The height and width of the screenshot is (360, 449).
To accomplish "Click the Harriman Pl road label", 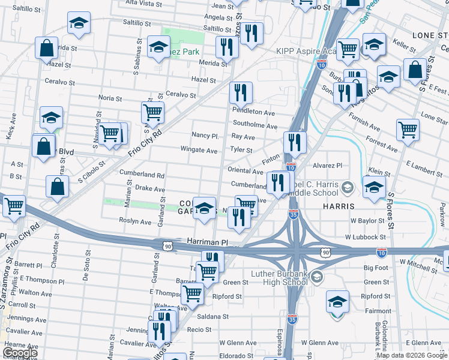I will coord(208,241).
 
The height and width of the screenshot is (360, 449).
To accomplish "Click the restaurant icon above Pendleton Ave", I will coord(240,92).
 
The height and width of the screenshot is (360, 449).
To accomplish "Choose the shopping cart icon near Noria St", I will coord(152,112).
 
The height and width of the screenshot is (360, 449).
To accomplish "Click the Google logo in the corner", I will coord(20,352).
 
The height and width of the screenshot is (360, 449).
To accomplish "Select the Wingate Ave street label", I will coord(199,151).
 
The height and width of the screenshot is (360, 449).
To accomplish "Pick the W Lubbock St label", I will coord(364,237).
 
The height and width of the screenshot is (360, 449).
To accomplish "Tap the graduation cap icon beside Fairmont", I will coord(338,301).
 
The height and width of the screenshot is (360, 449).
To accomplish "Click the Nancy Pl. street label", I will coord(205,136).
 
